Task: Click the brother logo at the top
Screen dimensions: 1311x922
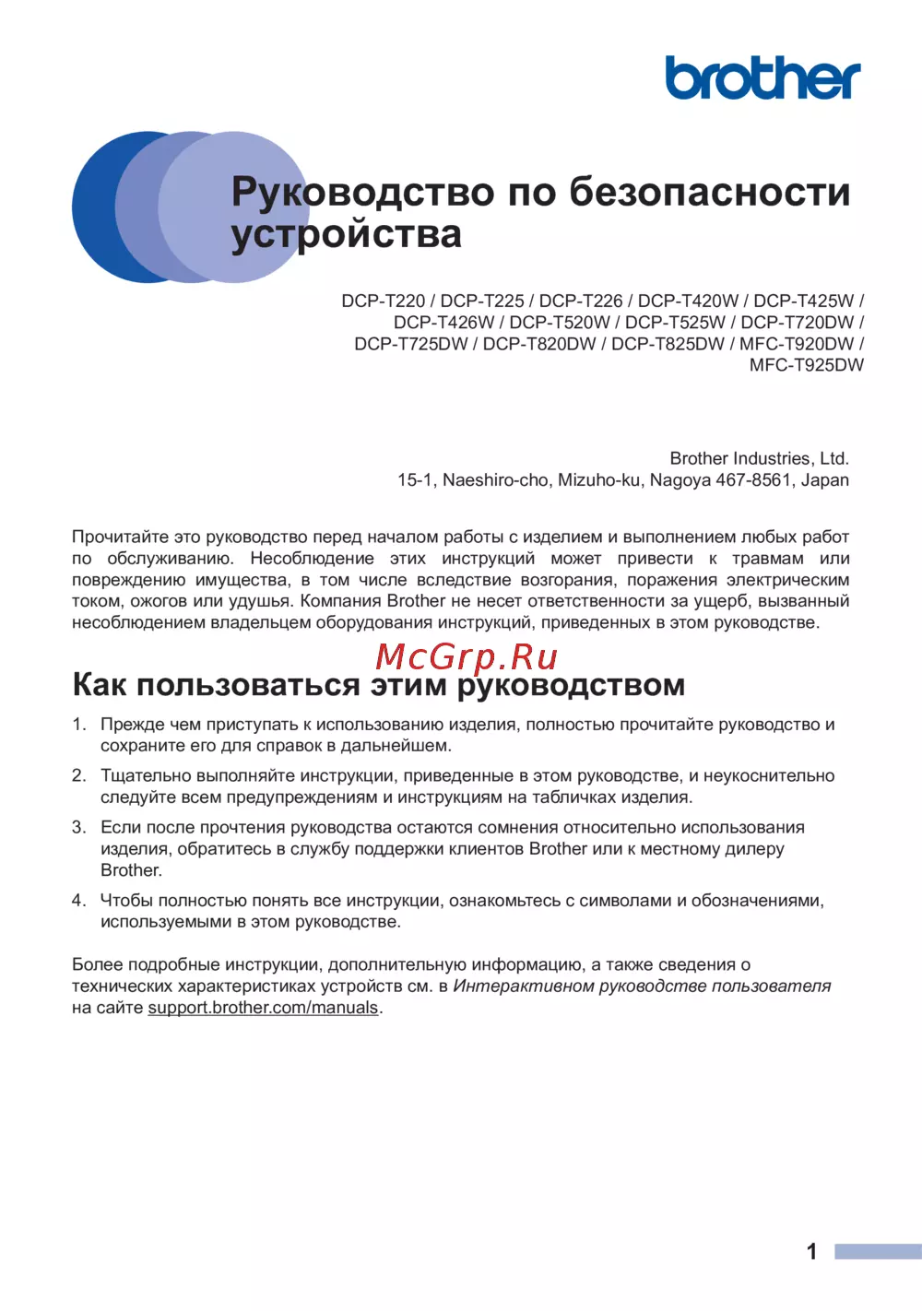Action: [762, 77]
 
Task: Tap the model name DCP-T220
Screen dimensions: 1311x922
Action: [384, 301]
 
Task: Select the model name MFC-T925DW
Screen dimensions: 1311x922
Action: [807, 365]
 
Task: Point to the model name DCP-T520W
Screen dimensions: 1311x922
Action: [560, 322]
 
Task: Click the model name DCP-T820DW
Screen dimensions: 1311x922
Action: [539, 344]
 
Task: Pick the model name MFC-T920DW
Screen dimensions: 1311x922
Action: [797, 344]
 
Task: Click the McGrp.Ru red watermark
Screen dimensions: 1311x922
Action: [467, 656]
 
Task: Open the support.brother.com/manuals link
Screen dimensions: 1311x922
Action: [263, 1008]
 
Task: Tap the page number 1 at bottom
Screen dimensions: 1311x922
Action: [811, 1251]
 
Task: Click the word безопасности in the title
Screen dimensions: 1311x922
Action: [710, 192]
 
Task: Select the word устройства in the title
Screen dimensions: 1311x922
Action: [346, 234]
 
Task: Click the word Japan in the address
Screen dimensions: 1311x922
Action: [825, 479]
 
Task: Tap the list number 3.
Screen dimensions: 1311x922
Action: [78, 827]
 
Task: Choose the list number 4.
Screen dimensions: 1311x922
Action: [78, 900]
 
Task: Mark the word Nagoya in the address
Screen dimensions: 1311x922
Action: [680, 479]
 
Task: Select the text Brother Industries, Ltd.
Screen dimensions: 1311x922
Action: [759, 458]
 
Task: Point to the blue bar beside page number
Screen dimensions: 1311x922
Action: [878, 1251]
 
